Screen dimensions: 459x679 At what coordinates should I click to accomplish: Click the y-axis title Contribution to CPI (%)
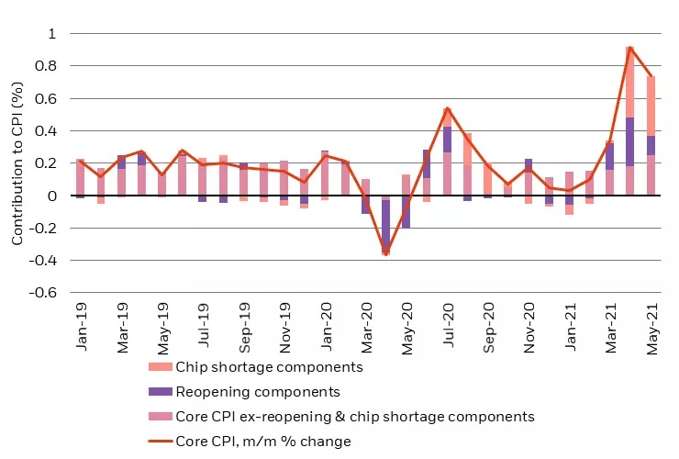point(17,163)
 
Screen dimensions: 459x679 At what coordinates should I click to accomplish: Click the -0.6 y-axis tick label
point(45,293)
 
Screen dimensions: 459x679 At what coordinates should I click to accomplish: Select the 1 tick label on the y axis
point(51,34)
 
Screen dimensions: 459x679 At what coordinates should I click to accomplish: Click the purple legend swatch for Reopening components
point(161,392)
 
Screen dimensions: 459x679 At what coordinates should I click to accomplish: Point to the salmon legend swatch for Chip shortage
point(161,367)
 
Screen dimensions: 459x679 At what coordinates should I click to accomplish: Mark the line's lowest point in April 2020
point(385,252)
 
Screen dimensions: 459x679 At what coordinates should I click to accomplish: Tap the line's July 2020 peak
point(447,108)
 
